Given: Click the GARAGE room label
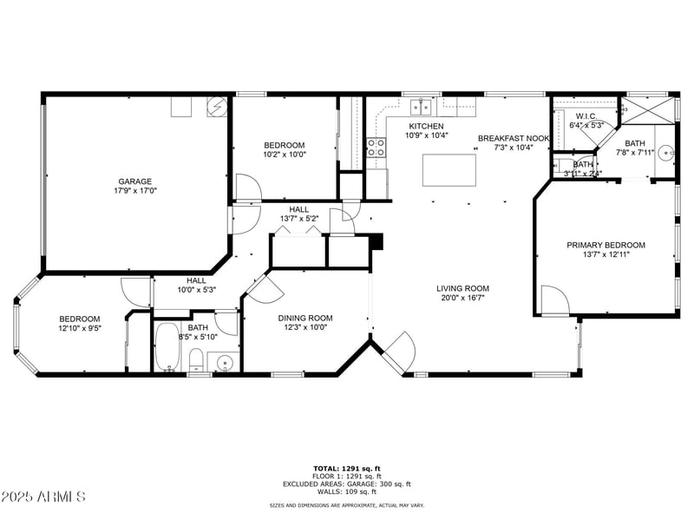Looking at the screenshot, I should point(134,181).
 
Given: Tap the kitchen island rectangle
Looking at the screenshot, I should point(448,168).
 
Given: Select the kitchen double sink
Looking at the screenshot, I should point(421,107).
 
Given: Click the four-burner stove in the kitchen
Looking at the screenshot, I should point(376,148).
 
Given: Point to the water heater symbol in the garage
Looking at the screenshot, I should point(217,107).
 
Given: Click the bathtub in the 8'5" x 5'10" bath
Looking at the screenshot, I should point(167,348).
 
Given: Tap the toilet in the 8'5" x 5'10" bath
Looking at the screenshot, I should point(196,359).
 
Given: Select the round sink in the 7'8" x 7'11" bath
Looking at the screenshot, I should point(666,152).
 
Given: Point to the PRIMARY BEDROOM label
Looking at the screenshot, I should point(606,246).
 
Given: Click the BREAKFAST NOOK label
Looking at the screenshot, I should point(514,138).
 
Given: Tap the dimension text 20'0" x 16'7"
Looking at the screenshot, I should point(462,298).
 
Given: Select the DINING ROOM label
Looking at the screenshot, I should point(304,318).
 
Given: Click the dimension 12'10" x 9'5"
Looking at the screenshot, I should point(79,328).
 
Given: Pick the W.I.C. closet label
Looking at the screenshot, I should point(586,116).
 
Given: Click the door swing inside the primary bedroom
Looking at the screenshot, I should point(554,300).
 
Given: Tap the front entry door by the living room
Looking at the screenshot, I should point(397,351).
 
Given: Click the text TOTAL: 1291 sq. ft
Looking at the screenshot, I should point(346,469).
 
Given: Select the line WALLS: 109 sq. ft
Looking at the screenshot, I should point(346,491).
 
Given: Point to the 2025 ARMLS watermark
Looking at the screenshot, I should point(43,497).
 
